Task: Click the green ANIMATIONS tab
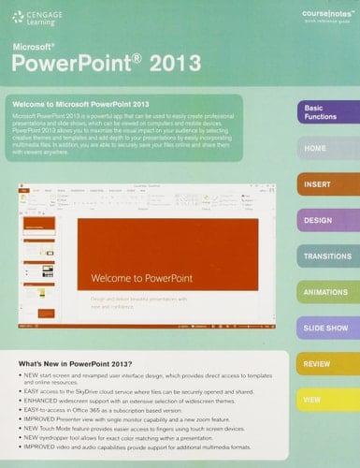(327, 292)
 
